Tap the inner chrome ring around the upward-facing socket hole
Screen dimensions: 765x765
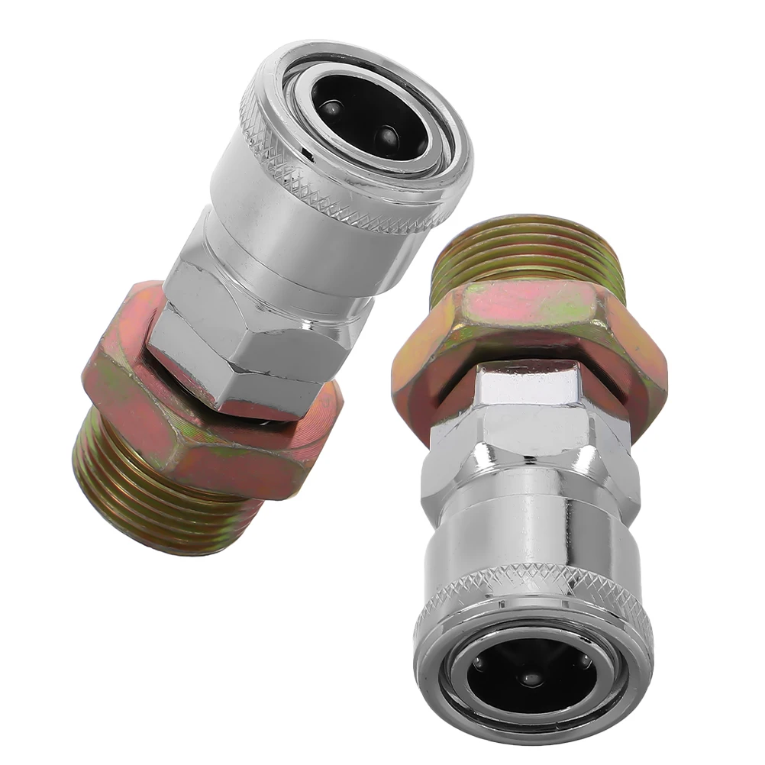[428, 153]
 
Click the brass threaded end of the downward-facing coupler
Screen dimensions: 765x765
[527, 252]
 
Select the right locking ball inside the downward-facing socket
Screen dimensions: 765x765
[585, 661]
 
